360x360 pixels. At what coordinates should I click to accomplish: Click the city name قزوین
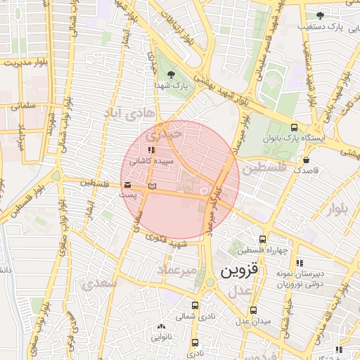click(x=240, y=271)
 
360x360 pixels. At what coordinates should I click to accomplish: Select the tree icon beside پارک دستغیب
click(x=320, y=15)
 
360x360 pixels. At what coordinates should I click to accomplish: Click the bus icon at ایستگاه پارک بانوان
click(x=293, y=128)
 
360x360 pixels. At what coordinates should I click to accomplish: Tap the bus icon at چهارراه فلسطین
click(x=262, y=240)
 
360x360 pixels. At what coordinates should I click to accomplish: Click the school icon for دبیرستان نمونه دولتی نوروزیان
click(x=300, y=263)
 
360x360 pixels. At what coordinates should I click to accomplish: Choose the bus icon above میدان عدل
click(x=253, y=309)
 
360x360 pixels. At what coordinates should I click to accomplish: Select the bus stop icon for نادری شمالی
click(x=195, y=306)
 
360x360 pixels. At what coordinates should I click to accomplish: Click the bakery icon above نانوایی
click(x=162, y=327)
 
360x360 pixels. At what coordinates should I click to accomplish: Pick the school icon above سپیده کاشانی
click(x=150, y=150)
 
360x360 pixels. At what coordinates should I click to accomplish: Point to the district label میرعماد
click(x=172, y=270)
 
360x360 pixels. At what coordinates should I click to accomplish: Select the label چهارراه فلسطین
click(x=262, y=251)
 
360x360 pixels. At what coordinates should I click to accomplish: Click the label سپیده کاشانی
click(x=147, y=161)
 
